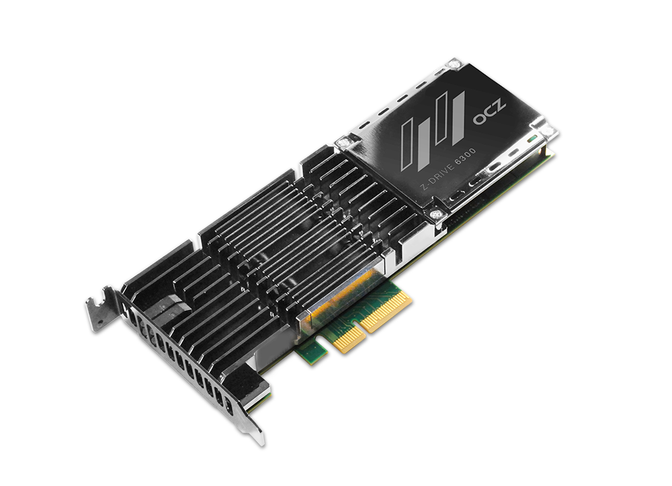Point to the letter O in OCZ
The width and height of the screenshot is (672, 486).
pyautogui.click(x=479, y=118)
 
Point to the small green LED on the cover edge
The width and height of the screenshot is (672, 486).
pyautogui.click(x=533, y=139)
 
